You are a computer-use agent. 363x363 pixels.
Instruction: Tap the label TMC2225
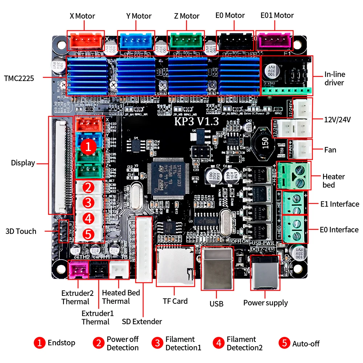coord(19,78)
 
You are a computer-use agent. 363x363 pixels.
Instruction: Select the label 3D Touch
coord(21,231)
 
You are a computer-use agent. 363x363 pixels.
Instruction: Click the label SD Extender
coord(142,321)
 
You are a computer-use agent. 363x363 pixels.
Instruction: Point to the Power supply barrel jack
coord(265,272)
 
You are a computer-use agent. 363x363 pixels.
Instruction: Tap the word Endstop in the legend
coord(61,343)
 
